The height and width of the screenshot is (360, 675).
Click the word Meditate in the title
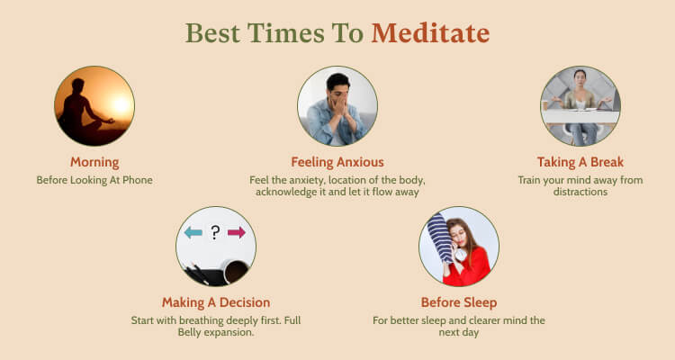click(430, 33)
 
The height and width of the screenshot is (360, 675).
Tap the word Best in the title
click(212, 33)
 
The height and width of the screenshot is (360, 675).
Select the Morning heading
click(94, 162)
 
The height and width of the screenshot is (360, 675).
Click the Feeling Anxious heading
click(337, 162)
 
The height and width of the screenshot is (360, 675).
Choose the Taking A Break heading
click(580, 162)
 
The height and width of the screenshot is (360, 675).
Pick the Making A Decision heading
click(216, 302)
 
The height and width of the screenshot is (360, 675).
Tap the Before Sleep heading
click(459, 302)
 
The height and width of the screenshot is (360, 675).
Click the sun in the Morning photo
click(121, 103)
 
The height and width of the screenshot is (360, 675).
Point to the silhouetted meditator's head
click(78, 85)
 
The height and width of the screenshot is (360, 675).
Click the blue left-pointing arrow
click(193, 232)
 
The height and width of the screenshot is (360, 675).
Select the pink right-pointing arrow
click(237, 232)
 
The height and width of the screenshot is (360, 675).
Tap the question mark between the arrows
click(215, 232)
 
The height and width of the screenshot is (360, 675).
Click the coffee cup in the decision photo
click(237, 272)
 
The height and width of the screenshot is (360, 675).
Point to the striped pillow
click(440, 238)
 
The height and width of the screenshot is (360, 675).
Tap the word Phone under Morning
click(138, 180)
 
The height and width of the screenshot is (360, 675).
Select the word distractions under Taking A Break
click(580, 192)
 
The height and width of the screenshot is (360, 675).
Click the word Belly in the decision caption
click(189, 332)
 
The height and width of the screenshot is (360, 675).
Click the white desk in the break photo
click(580, 116)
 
